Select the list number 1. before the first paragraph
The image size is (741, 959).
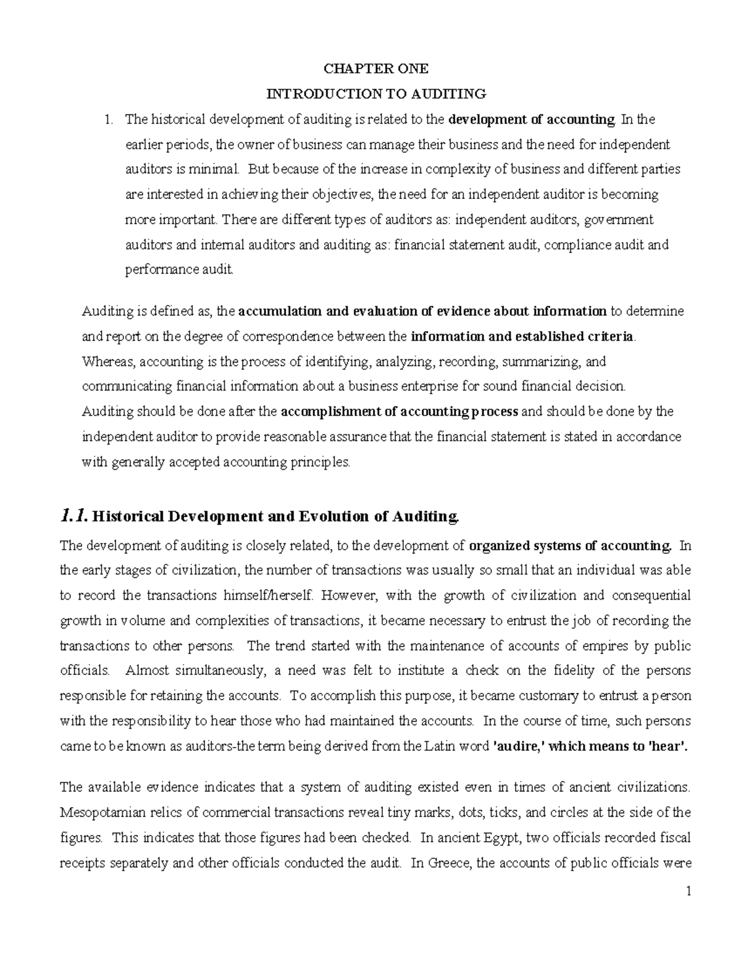point(109,119)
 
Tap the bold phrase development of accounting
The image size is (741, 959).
point(532,119)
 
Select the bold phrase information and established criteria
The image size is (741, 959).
point(522,337)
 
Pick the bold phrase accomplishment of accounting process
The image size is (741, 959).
point(400,411)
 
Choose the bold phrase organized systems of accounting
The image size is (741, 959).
point(570,546)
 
